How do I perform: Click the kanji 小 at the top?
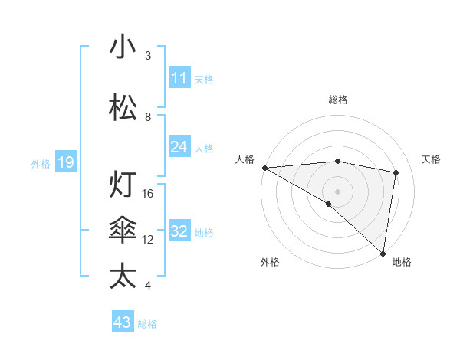pos(123,47)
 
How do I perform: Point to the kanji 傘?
pos(123,231)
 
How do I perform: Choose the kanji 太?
pos(123,277)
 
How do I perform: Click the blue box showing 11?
pos(179,78)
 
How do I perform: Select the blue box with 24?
pos(179,147)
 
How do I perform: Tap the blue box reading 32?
pos(179,231)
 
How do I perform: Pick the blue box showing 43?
pos(123,322)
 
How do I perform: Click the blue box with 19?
pos(65,162)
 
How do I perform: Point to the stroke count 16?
pos(148,194)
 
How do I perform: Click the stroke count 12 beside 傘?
pos(148,240)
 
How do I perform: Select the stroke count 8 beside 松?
pos(148,117)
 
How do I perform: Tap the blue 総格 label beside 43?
pos(147,324)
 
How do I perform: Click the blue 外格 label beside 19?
pos(41,163)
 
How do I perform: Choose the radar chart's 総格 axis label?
pos(337,100)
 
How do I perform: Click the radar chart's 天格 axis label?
pos(431,159)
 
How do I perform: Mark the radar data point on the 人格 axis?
pos(264,168)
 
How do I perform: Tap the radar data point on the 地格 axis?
pos(383,253)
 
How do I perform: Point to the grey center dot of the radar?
pos(337,191)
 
